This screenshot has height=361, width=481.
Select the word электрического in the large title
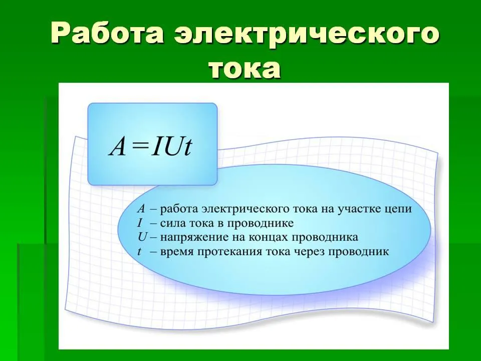click(307, 33)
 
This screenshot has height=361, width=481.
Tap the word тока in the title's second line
click(245, 69)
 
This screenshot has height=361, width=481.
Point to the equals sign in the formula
click(139, 147)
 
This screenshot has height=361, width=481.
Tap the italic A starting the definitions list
click(141, 209)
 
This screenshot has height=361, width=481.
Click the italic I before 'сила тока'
click(140, 223)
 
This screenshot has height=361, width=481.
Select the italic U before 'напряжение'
click(142, 237)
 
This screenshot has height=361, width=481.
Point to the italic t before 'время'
click(140, 252)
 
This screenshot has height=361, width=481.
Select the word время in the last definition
click(177, 252)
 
